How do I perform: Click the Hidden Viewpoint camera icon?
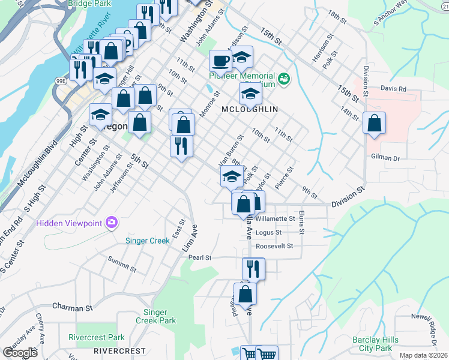tap(111, 223)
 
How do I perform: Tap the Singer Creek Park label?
tap(160, 316)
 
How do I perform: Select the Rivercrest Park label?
tap(96, 337)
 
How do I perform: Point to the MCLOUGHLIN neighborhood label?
tap(250, 109)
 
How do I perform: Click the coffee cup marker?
tap(220, 60)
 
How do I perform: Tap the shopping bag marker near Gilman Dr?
tap(374, 123)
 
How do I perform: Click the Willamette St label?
tap(276, 219)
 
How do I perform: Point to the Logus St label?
tap(268, 232)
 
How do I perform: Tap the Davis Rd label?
tap(393, 89)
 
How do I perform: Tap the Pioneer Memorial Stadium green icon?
tap(284, 77)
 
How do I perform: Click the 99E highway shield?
tap(60, 80)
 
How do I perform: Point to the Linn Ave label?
tap(194, 238)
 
